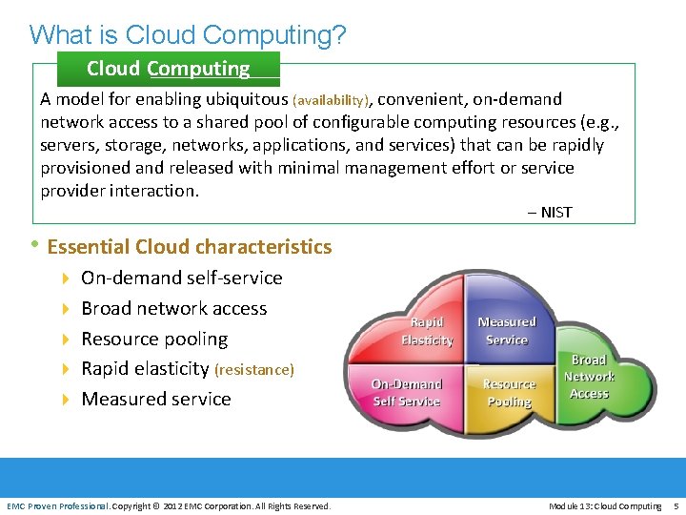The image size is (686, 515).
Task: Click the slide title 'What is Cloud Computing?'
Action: point(188,35)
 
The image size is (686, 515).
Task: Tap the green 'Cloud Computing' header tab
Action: point(168,69)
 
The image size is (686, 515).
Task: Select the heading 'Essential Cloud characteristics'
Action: point(189,247)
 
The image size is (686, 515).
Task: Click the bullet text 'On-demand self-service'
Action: point(181,278)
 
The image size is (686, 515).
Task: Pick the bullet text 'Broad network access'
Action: point(173,308)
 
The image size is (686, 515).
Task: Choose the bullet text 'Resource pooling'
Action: point(154,339)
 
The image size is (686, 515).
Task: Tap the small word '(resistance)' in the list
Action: point(254,370)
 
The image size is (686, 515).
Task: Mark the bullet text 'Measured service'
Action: point(156,399)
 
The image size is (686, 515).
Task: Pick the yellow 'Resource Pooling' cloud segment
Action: point(509,392)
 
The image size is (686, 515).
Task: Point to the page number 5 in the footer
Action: point(675,505)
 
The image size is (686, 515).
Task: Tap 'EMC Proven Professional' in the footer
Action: point(57,505)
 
